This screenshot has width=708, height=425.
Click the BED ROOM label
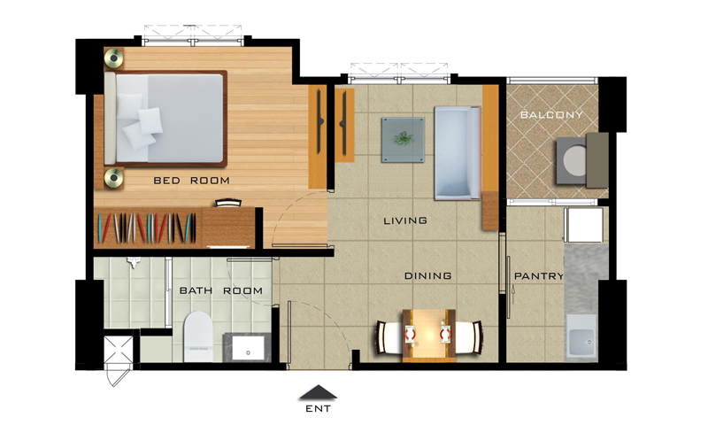191,181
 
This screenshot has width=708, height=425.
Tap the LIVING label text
405,220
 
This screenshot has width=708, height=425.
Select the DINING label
427,275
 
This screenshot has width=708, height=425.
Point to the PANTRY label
539,276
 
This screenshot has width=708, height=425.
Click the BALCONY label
551,115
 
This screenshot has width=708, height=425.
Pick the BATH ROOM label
220,290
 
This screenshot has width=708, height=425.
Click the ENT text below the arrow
318,409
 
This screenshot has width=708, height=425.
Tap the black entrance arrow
318,392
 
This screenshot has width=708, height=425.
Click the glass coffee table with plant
403,140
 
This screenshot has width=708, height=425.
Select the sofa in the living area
457,153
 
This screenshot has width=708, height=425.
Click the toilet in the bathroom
198,336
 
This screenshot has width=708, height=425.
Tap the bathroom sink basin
248,347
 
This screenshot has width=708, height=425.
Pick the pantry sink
581,336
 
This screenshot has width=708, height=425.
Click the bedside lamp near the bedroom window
114,58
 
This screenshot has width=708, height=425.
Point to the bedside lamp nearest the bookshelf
114,178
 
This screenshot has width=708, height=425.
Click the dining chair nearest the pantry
468,337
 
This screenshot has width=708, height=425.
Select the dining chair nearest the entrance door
389,337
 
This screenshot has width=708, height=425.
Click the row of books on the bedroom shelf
147,228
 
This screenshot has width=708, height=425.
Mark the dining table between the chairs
429,336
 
